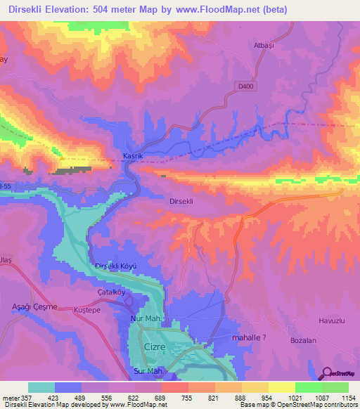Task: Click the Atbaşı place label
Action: [263, 45]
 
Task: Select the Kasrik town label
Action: [115, 155]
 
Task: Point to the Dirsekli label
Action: [182, 200]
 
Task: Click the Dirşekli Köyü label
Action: [114, 267]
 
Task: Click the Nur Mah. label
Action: [146, 320]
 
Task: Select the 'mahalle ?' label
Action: [247, 338]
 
